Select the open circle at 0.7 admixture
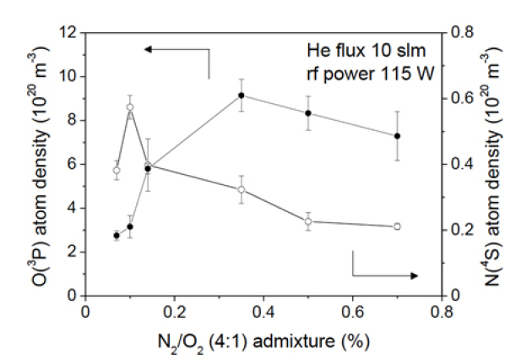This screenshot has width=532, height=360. pos(397,226)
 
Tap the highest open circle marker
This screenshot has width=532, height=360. pos(130,107)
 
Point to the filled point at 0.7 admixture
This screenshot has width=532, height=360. pos(397,136)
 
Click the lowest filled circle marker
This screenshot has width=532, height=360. pos(117,235)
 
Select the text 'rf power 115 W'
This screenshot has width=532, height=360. pos(372,74)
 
